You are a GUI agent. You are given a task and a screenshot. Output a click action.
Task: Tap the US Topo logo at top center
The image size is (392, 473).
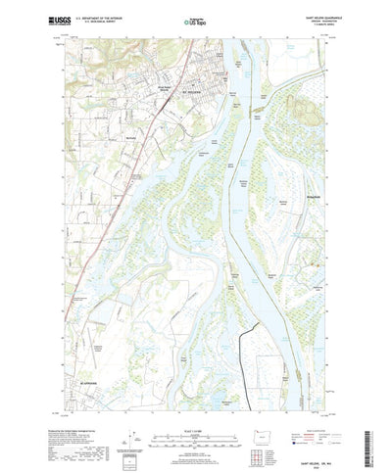tap(196, 19)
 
